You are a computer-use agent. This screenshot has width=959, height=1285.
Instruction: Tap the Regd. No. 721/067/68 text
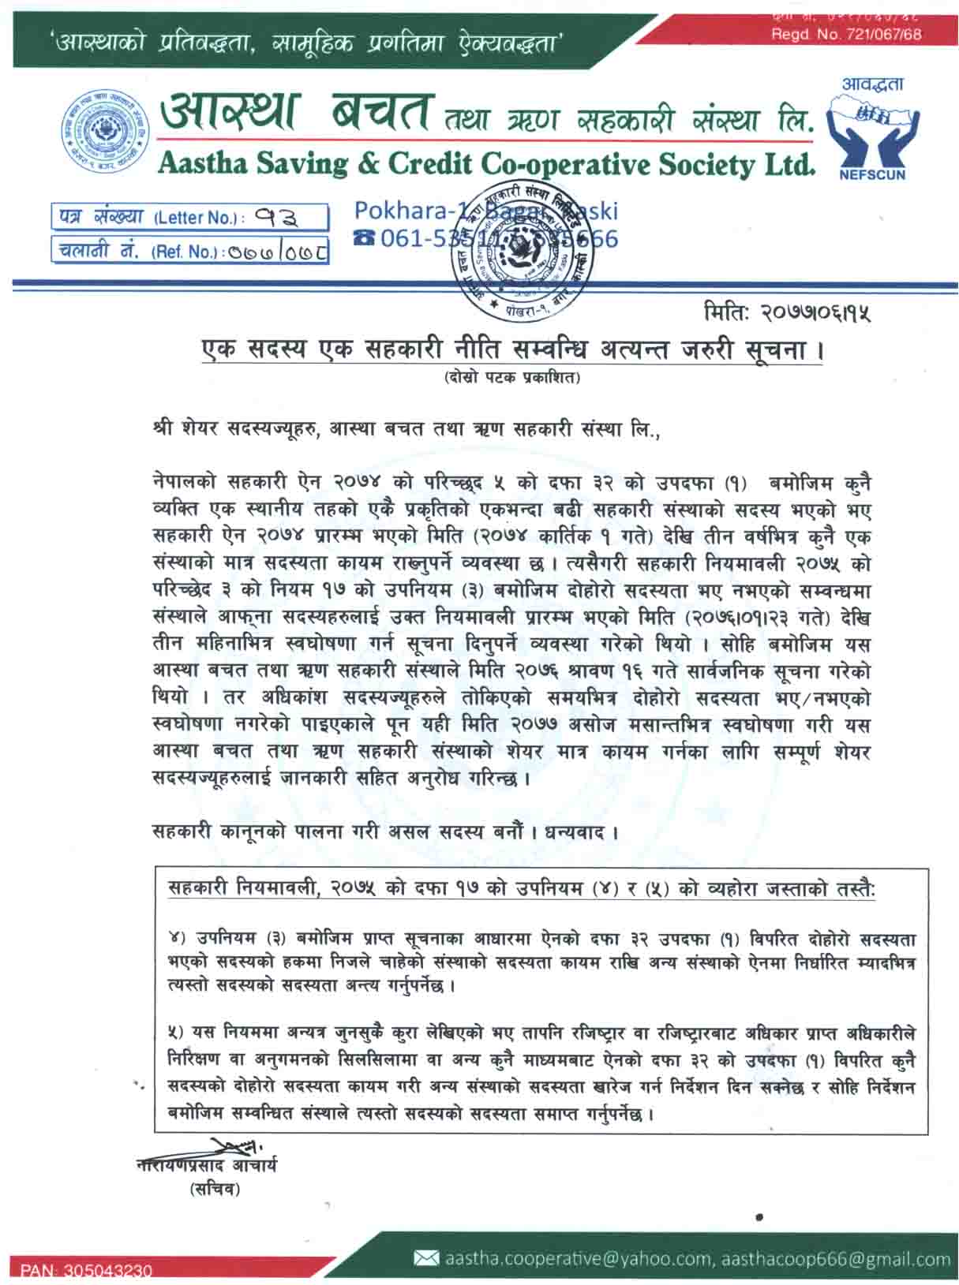[846, 34]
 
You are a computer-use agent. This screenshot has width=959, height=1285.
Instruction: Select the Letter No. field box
[189, 216]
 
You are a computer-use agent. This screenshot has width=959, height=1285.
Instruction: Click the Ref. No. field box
[189, 250]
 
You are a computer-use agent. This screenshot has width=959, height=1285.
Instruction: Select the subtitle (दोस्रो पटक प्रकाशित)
[511, 377]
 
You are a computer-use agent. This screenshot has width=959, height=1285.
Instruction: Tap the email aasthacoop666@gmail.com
[836, 1259]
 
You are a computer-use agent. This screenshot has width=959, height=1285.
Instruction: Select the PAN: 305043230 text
[86, 1270]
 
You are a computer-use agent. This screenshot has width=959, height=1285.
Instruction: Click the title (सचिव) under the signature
[214, 1189]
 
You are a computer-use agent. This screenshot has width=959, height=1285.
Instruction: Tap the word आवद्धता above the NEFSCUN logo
[871, 84]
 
